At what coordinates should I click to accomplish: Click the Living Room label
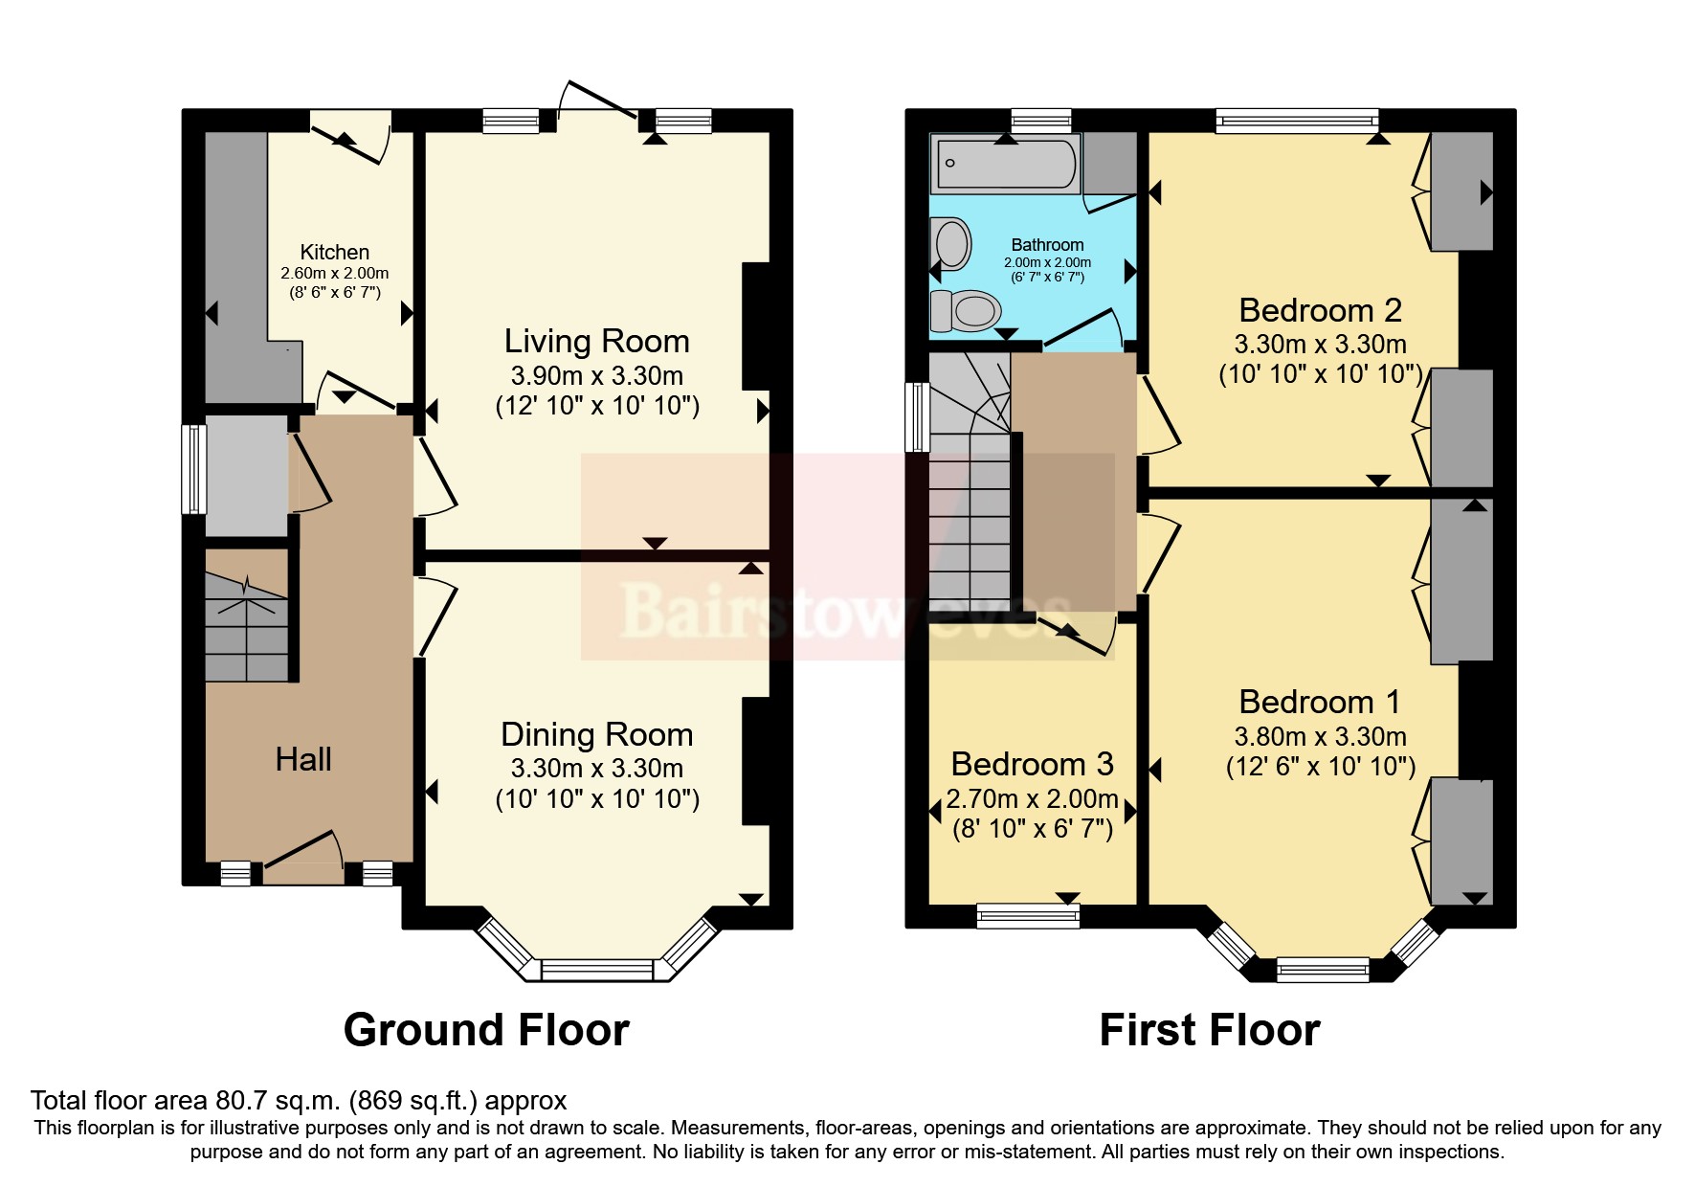tap(596, 342)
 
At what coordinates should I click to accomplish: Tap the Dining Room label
tap(596, 734)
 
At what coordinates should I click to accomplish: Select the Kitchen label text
tap(334, 252)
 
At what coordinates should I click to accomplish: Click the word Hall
tap(302, 759)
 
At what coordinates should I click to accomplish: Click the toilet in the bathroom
tap(967, 310)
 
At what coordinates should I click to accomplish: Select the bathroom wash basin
tap(951, 243)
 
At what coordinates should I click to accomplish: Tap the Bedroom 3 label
tap(1032, 764)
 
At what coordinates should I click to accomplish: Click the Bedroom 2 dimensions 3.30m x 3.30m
tap(1320, 345)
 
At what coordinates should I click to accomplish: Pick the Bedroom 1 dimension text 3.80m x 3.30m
tap(1320, 736)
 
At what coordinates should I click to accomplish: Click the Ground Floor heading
tap(486, 1030)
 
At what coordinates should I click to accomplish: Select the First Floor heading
tap(1209, 1030)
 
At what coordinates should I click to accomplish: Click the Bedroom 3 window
tap(1028, 916)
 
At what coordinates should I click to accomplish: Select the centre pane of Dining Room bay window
tap(596, 970)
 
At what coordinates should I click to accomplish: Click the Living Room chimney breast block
tap(755, 325)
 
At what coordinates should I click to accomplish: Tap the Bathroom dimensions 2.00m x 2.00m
tap(1047, 262)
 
